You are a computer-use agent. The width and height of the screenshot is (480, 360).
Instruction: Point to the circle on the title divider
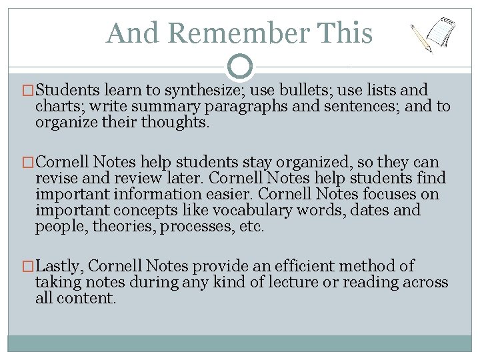[x=240, y=66]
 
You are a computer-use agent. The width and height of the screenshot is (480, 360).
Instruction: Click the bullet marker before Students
[x=29, y=91]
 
